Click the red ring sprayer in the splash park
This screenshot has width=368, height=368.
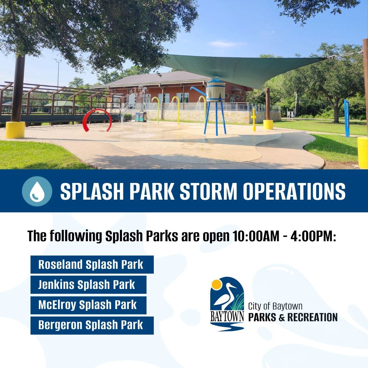[97, 120]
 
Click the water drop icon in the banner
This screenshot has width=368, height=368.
[37, 191]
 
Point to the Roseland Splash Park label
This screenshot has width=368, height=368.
[92, 264]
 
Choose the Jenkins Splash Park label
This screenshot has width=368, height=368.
[88, 285]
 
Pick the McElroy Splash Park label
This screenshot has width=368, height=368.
[88, 305]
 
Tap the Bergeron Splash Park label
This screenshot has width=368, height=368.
[92, 325]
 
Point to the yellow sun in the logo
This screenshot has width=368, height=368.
[216, 284]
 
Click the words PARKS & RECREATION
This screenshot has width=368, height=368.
[293, 317]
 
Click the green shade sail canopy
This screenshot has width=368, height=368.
[245, 68]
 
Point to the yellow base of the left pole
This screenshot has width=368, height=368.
[15, 130]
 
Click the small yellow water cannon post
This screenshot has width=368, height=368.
[254, 119]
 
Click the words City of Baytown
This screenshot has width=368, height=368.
[275, 306]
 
